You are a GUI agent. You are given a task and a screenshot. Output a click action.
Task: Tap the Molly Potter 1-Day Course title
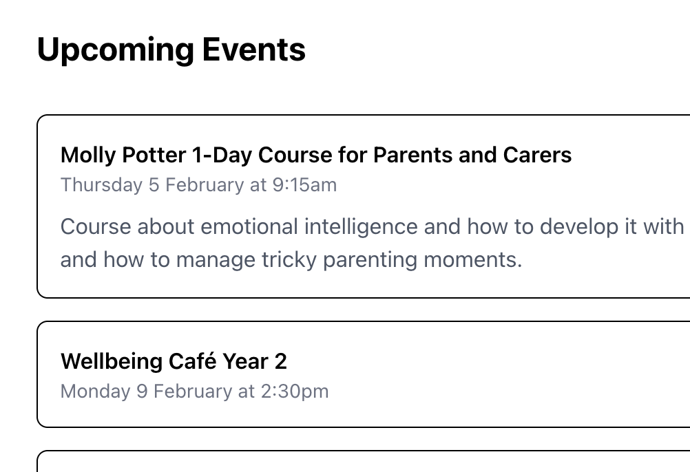click(x=315, y=155)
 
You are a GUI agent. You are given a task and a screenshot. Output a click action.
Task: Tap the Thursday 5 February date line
click(x=198, y=185)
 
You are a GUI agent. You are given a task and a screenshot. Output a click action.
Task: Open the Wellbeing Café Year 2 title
click(x=174, y=361)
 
